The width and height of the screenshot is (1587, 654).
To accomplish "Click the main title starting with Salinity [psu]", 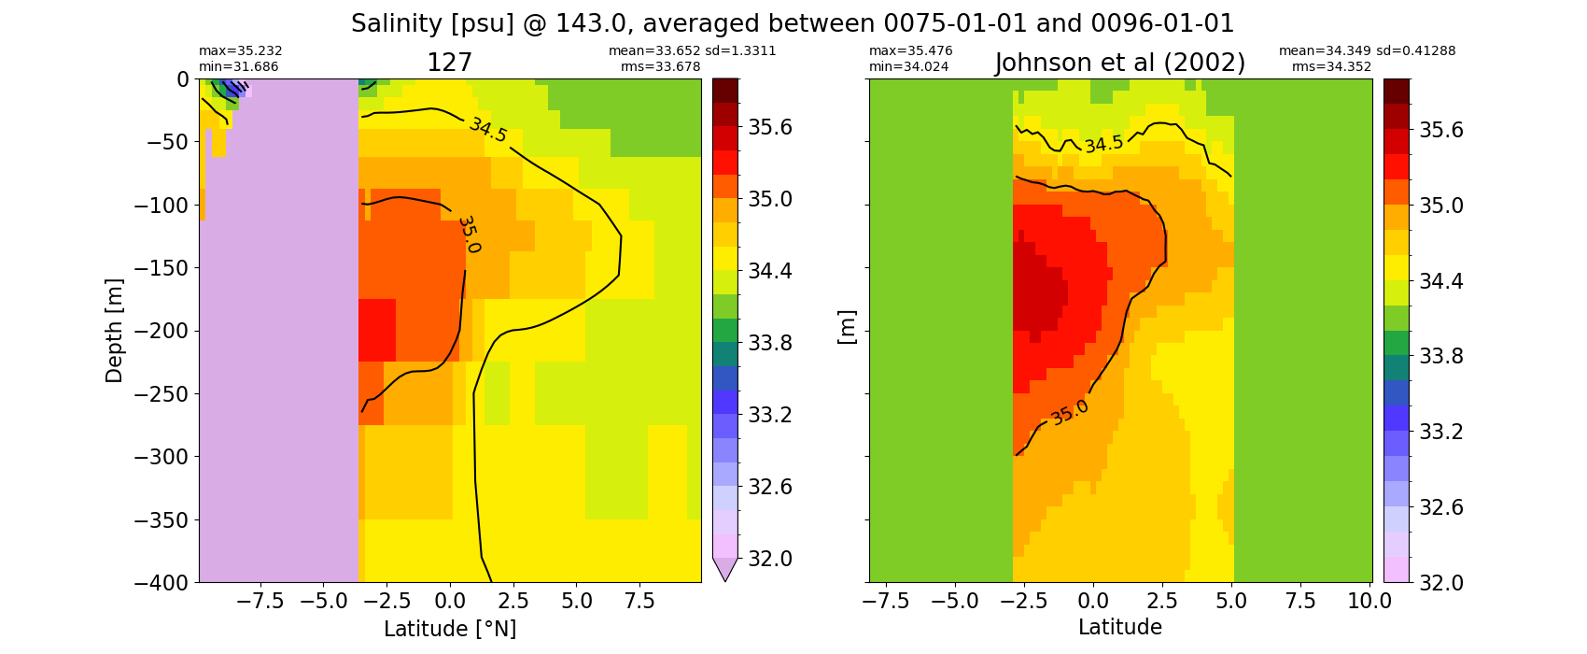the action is (x=793, y=24).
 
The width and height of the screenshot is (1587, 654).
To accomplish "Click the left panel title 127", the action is (x=449, y=63).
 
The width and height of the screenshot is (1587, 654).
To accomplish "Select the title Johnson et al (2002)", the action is (x=1120, y=63).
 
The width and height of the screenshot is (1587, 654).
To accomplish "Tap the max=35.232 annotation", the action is (x=240, y=50).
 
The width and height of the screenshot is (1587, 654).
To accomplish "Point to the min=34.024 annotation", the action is (x=910, y=66).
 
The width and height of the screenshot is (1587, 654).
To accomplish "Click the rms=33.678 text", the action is (x=660, y=66).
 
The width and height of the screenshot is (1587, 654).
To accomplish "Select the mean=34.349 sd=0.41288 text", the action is (x=1367, y=50).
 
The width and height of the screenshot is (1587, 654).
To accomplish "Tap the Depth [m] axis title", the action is (x=113, y=331).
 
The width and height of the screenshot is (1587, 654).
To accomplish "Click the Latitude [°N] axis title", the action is (x=450, y=629).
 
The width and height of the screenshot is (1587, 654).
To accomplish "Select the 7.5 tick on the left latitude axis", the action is (x=639, y=602).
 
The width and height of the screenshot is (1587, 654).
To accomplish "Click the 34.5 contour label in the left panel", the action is (x=488, y=130).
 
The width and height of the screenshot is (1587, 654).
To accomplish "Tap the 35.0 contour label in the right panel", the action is (x=1069, y=413).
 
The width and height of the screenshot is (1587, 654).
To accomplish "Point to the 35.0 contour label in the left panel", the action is (x=469, y=235).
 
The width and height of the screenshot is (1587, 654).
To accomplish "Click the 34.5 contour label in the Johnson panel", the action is (x=1103, y=144).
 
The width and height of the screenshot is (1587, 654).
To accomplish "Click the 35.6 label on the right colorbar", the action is (x=1440, y=131).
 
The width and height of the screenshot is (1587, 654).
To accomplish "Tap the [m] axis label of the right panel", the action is (x=848, y=327).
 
